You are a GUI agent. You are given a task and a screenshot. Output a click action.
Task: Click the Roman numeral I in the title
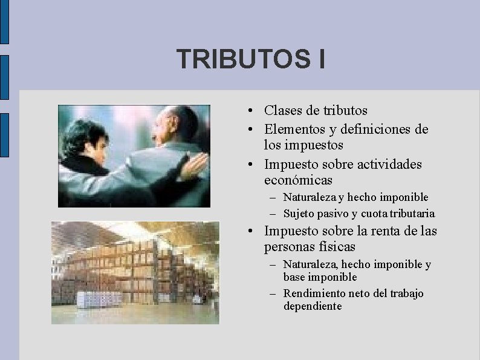(320, 59)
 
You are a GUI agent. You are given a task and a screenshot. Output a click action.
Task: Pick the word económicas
(298, 180)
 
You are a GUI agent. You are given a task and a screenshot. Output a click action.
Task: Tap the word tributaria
(412, 214)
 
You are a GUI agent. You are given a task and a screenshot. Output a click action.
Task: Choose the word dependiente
(313, 306)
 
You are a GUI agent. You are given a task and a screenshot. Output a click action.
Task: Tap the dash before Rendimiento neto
(272, 294)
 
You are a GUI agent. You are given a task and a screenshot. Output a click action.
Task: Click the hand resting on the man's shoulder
(192, 164)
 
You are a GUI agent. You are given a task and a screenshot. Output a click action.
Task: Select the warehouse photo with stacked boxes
(135, 272)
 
